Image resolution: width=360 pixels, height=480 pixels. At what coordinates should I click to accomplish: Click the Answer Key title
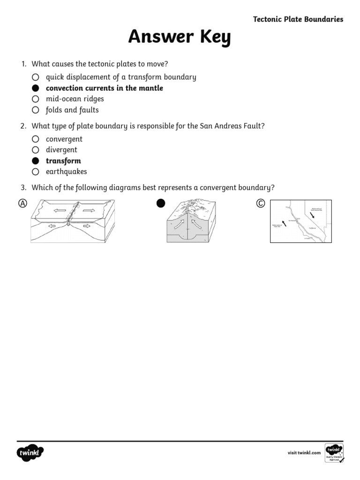click(180, 37)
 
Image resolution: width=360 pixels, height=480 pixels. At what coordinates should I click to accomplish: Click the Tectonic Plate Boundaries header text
click(298, 19)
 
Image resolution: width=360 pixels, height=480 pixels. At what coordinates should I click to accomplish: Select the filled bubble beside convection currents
click(35, 88)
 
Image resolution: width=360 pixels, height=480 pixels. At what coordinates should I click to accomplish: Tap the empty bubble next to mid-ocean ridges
click(35, 99)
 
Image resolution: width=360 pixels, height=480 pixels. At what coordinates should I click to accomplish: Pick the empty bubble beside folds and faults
click(35, 110)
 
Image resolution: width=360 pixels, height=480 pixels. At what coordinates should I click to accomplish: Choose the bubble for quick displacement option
click(35, 77)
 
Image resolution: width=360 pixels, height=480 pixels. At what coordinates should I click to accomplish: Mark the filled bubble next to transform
click(35, 161)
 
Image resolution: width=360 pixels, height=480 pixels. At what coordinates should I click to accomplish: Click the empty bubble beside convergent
click(35, 139)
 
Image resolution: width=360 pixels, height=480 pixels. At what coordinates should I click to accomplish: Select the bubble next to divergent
click(35, 150)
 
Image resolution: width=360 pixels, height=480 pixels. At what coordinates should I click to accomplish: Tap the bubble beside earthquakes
click(35, 172)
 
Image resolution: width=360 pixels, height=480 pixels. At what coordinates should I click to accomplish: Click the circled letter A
click(22, 203)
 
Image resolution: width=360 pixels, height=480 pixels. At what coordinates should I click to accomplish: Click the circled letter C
click(261, 203)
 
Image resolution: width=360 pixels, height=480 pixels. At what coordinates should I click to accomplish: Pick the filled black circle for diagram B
click(161, 203)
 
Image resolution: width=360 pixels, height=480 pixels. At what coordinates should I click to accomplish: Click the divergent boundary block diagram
click(73, 220)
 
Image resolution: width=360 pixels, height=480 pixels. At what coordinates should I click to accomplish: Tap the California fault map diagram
click(300, 221)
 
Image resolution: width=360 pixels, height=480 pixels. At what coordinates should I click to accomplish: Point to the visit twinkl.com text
click(304, 452)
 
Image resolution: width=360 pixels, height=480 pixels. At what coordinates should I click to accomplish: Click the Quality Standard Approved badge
click(334, 452)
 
